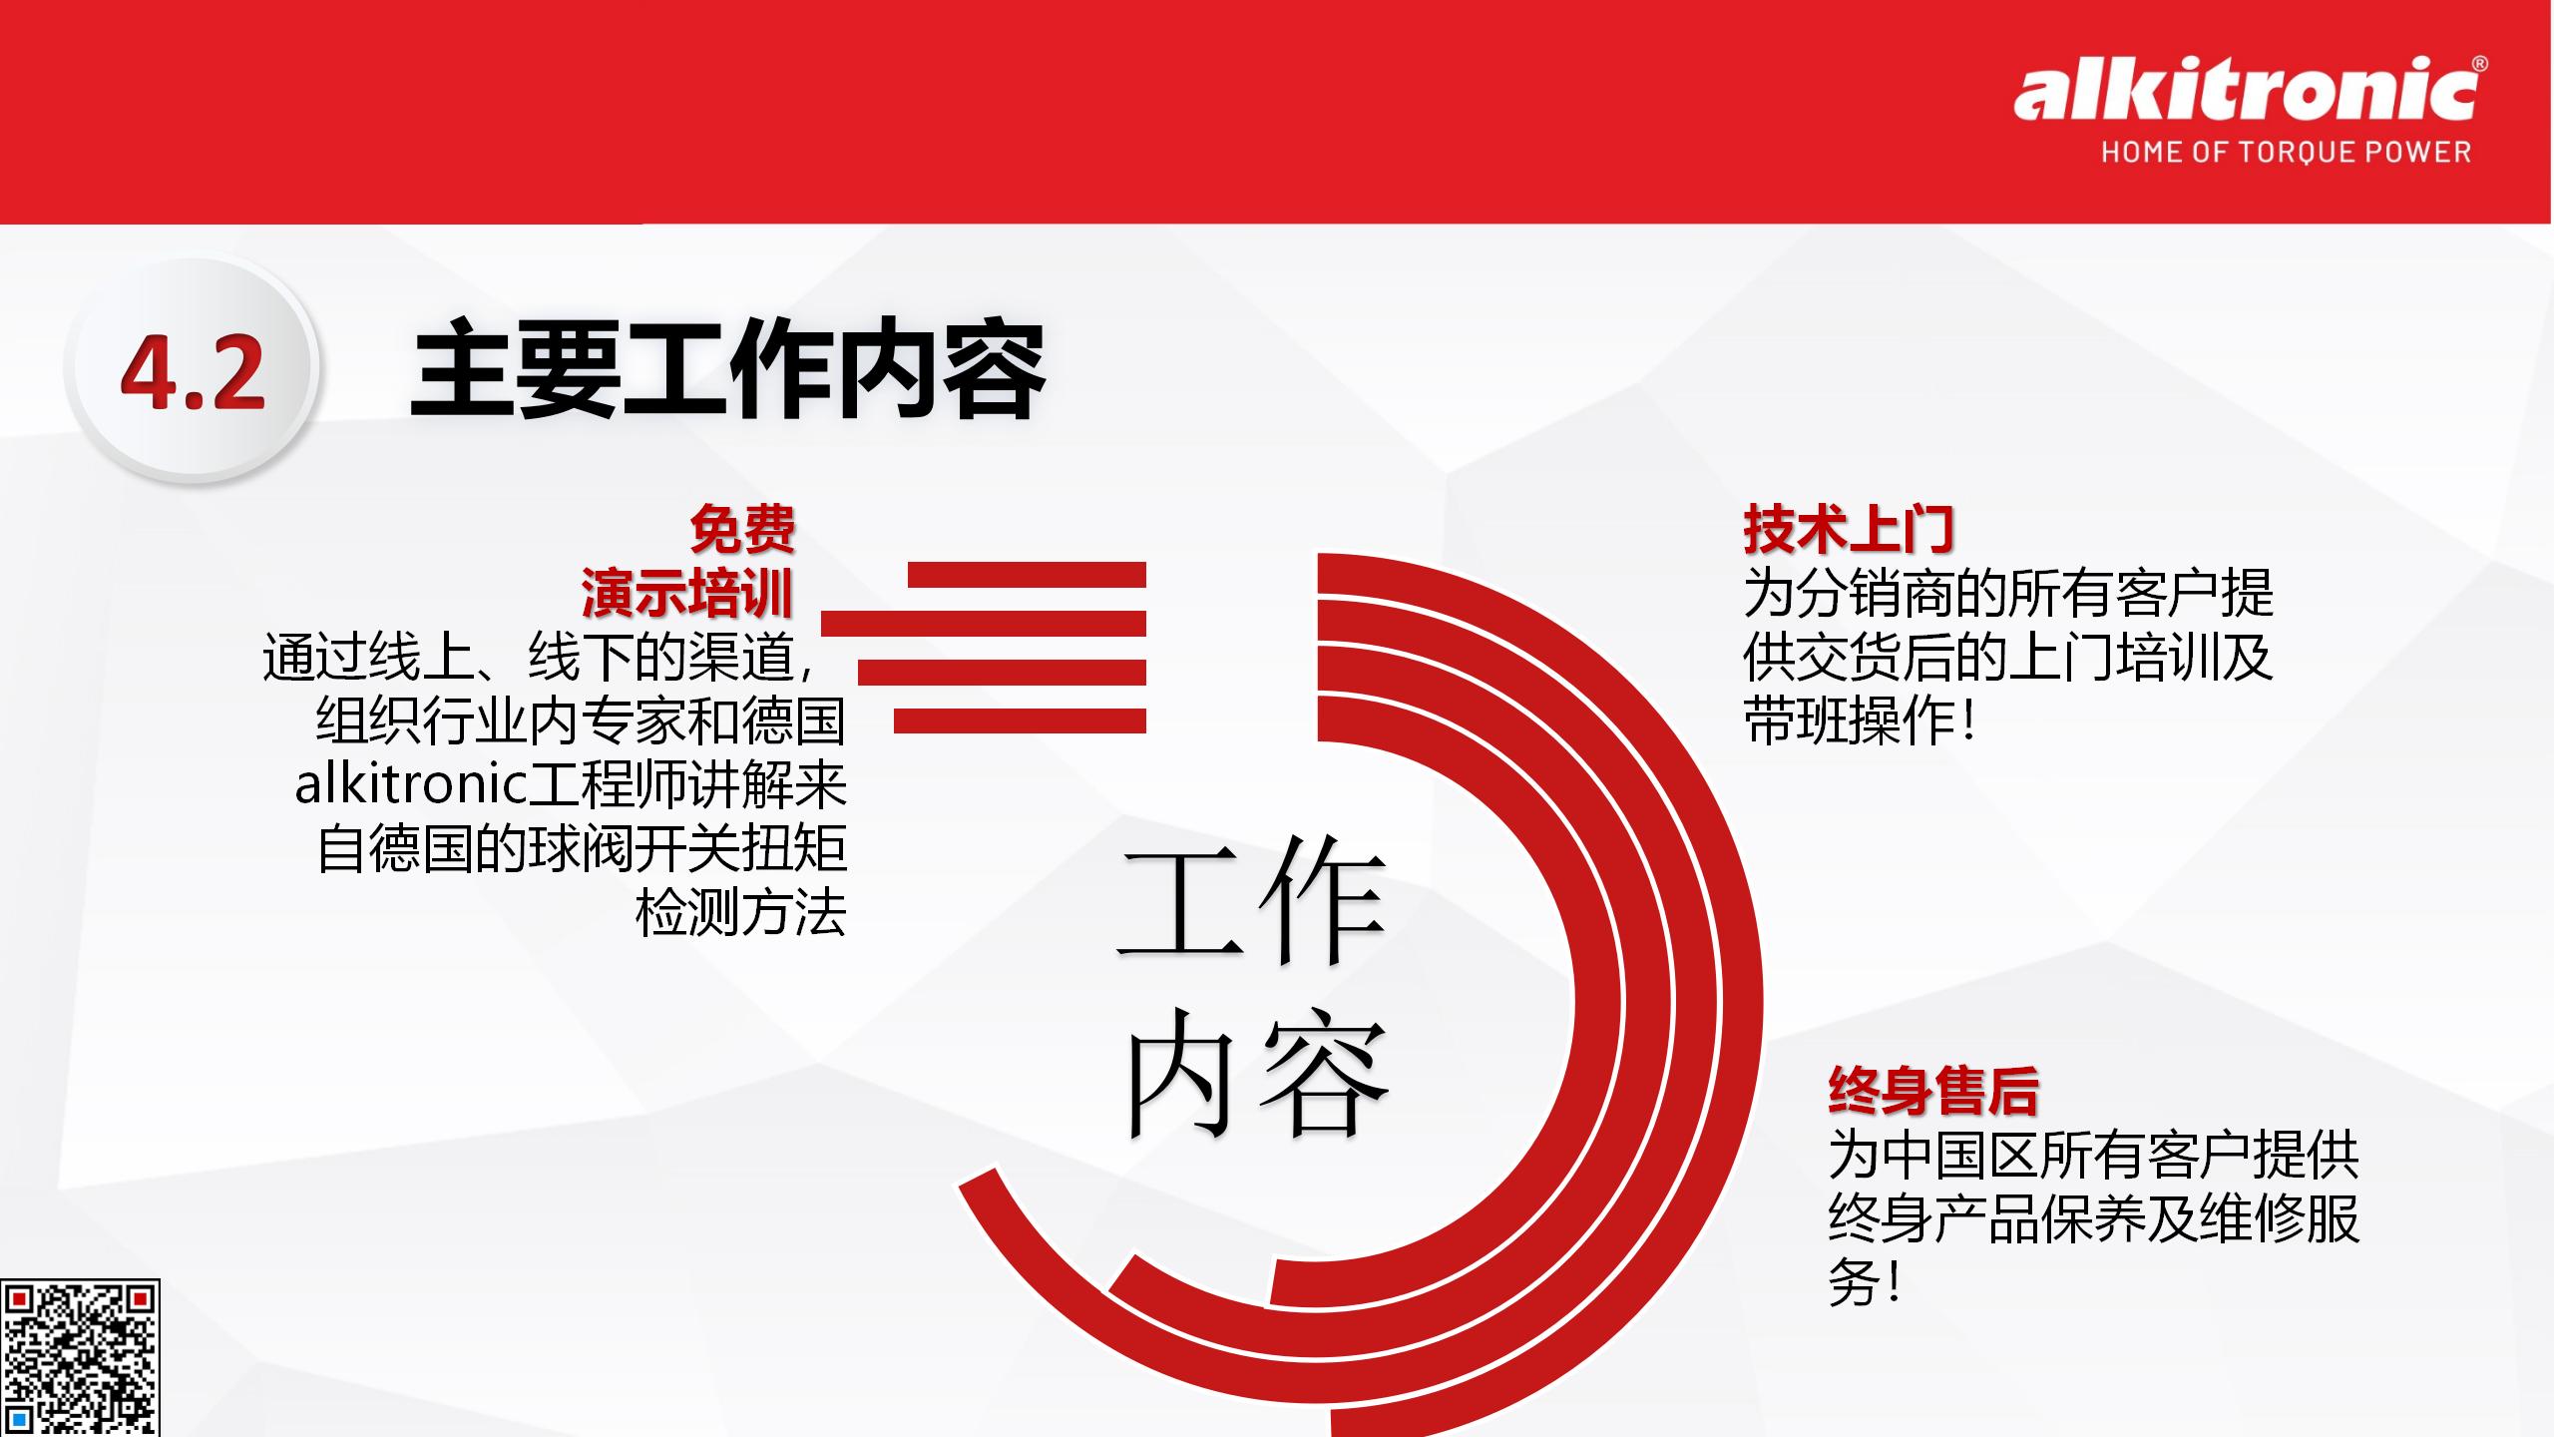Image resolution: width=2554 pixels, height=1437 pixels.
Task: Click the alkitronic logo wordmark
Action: click(2245, 93)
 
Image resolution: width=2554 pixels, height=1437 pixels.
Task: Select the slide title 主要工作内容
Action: click(727, 369)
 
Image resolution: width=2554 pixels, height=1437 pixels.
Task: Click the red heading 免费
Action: click(742, 529)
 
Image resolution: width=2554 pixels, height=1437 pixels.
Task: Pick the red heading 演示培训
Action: click(687, 593)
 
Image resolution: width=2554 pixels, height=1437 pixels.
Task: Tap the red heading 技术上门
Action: click(1849, 529)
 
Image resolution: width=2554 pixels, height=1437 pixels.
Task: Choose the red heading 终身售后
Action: click(1933, 1090)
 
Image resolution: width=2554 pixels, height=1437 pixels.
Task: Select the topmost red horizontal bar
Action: click(1027, 575)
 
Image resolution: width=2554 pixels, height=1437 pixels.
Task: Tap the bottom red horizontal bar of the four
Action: click(1020, 720)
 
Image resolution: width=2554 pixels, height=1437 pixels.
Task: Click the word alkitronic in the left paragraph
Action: click(411, 784)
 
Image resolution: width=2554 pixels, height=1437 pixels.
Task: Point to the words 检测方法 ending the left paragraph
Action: click(740, 912)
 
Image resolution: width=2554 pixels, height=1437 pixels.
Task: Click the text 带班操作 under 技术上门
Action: click(1849, 720)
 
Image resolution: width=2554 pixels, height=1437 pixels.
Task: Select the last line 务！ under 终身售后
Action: click(1865, 1281)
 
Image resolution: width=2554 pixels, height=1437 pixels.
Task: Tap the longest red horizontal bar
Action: click(984, 624)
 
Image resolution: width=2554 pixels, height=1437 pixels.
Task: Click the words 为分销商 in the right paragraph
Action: click(1849, 593)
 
